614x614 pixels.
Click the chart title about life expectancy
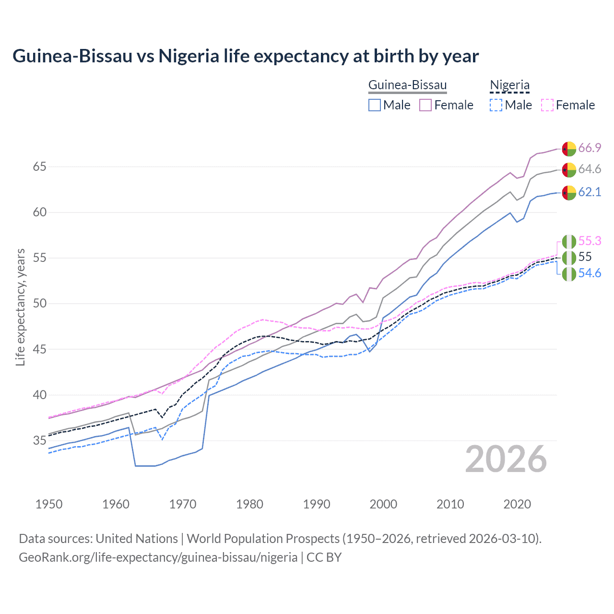click(245, 56)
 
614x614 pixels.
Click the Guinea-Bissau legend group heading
click(407, 85)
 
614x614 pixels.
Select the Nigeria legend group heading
click(509, 85)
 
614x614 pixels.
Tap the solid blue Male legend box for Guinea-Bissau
click(375, 105)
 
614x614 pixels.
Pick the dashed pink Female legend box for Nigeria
click(547, 105)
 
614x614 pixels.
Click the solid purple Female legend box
click(425, 105)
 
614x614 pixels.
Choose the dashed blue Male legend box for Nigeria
click(496, 105)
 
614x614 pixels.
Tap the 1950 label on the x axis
click(49, 504)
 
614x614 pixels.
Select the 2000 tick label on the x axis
click(383, 504)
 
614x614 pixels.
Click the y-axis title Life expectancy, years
click(21, 307)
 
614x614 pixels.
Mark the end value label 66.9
click(590, 148)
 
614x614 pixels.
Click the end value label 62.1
click(590, 192)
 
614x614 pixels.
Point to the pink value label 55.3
click(590, 241)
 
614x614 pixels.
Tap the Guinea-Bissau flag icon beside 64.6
click(569, 170)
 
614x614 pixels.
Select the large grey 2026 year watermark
click(506, 460)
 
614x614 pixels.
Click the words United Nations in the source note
click(137, 539)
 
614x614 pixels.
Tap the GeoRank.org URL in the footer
click(158, 557)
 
